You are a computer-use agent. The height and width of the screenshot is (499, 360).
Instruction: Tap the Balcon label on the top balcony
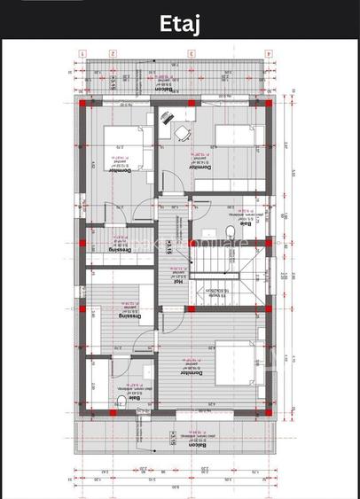(x=162, y=89)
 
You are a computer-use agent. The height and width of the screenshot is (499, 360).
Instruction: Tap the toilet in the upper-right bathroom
(x=230, y=232)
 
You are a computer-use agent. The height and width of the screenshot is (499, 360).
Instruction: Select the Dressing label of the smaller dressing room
(x=121, y=250)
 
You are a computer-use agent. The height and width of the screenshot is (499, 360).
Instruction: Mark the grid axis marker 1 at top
(x=82, y=53)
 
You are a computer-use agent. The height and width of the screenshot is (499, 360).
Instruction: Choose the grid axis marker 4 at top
(x=267, y=53)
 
